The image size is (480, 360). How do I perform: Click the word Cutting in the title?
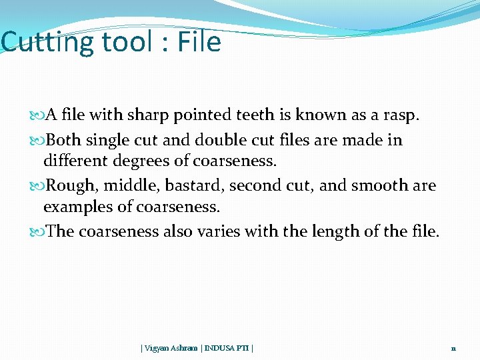pyautogui.click(x=48, y=43)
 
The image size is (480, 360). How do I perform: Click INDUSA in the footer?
pyautogui.click(x=221, y=347)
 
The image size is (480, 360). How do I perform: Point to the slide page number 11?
pyautogui.click(x=453, y=348)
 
